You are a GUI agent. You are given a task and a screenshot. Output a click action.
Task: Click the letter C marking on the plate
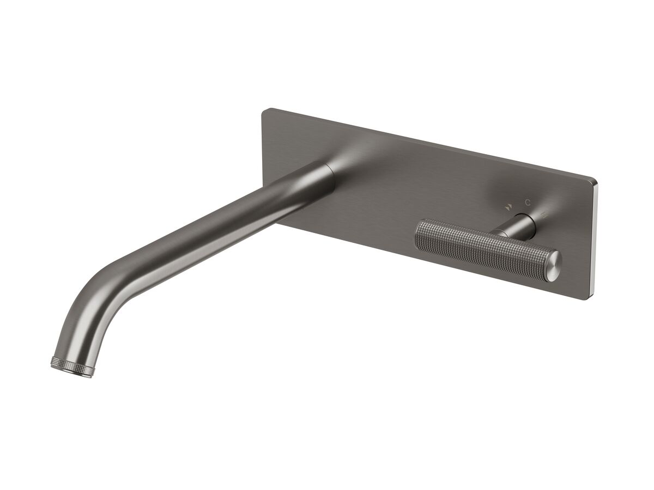tap(527, 202)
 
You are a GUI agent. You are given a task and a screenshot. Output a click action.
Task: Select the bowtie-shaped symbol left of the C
tap(508, 206)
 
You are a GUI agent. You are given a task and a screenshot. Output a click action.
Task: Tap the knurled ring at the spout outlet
tap(72, 365)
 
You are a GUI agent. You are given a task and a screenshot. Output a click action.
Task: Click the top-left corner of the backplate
tap(265, 112)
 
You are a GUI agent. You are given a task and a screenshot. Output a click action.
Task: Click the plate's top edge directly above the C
tap(527, 166)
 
